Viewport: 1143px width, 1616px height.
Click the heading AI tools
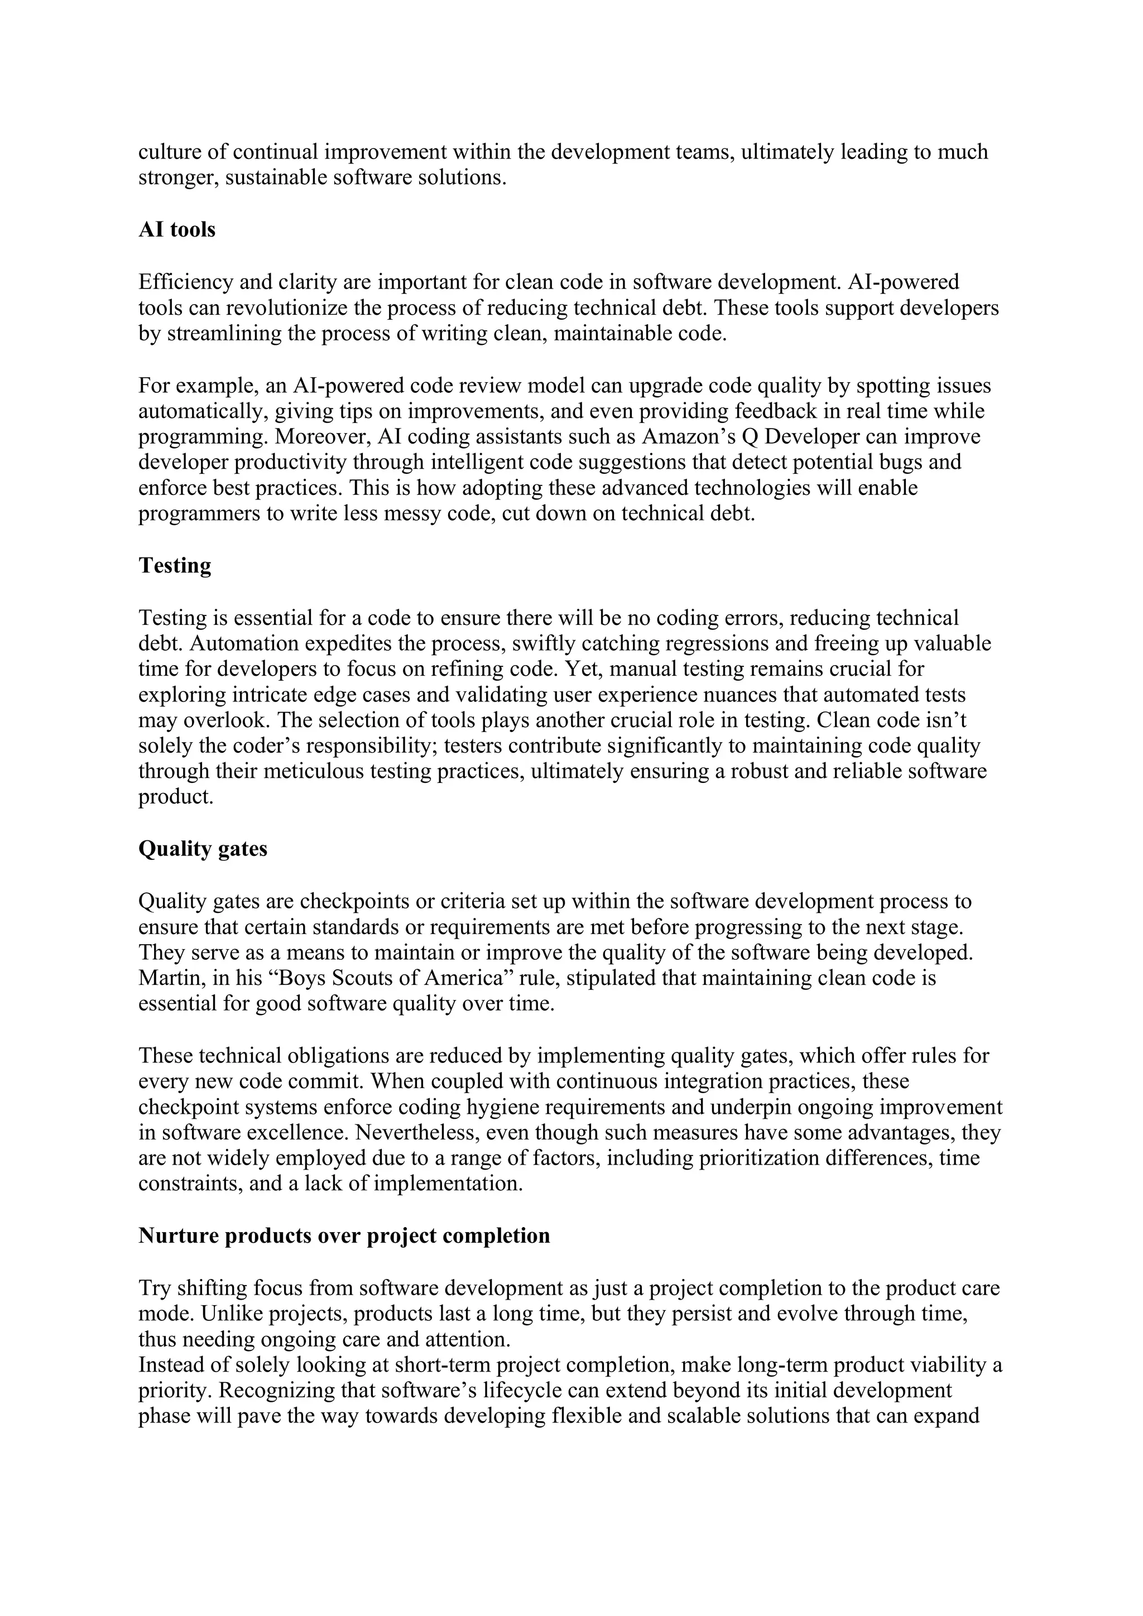point(177,229)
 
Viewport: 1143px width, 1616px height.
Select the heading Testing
point(175,565)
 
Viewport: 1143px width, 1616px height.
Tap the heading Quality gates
point(203,849)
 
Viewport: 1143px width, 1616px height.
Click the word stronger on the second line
point(178,177)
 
